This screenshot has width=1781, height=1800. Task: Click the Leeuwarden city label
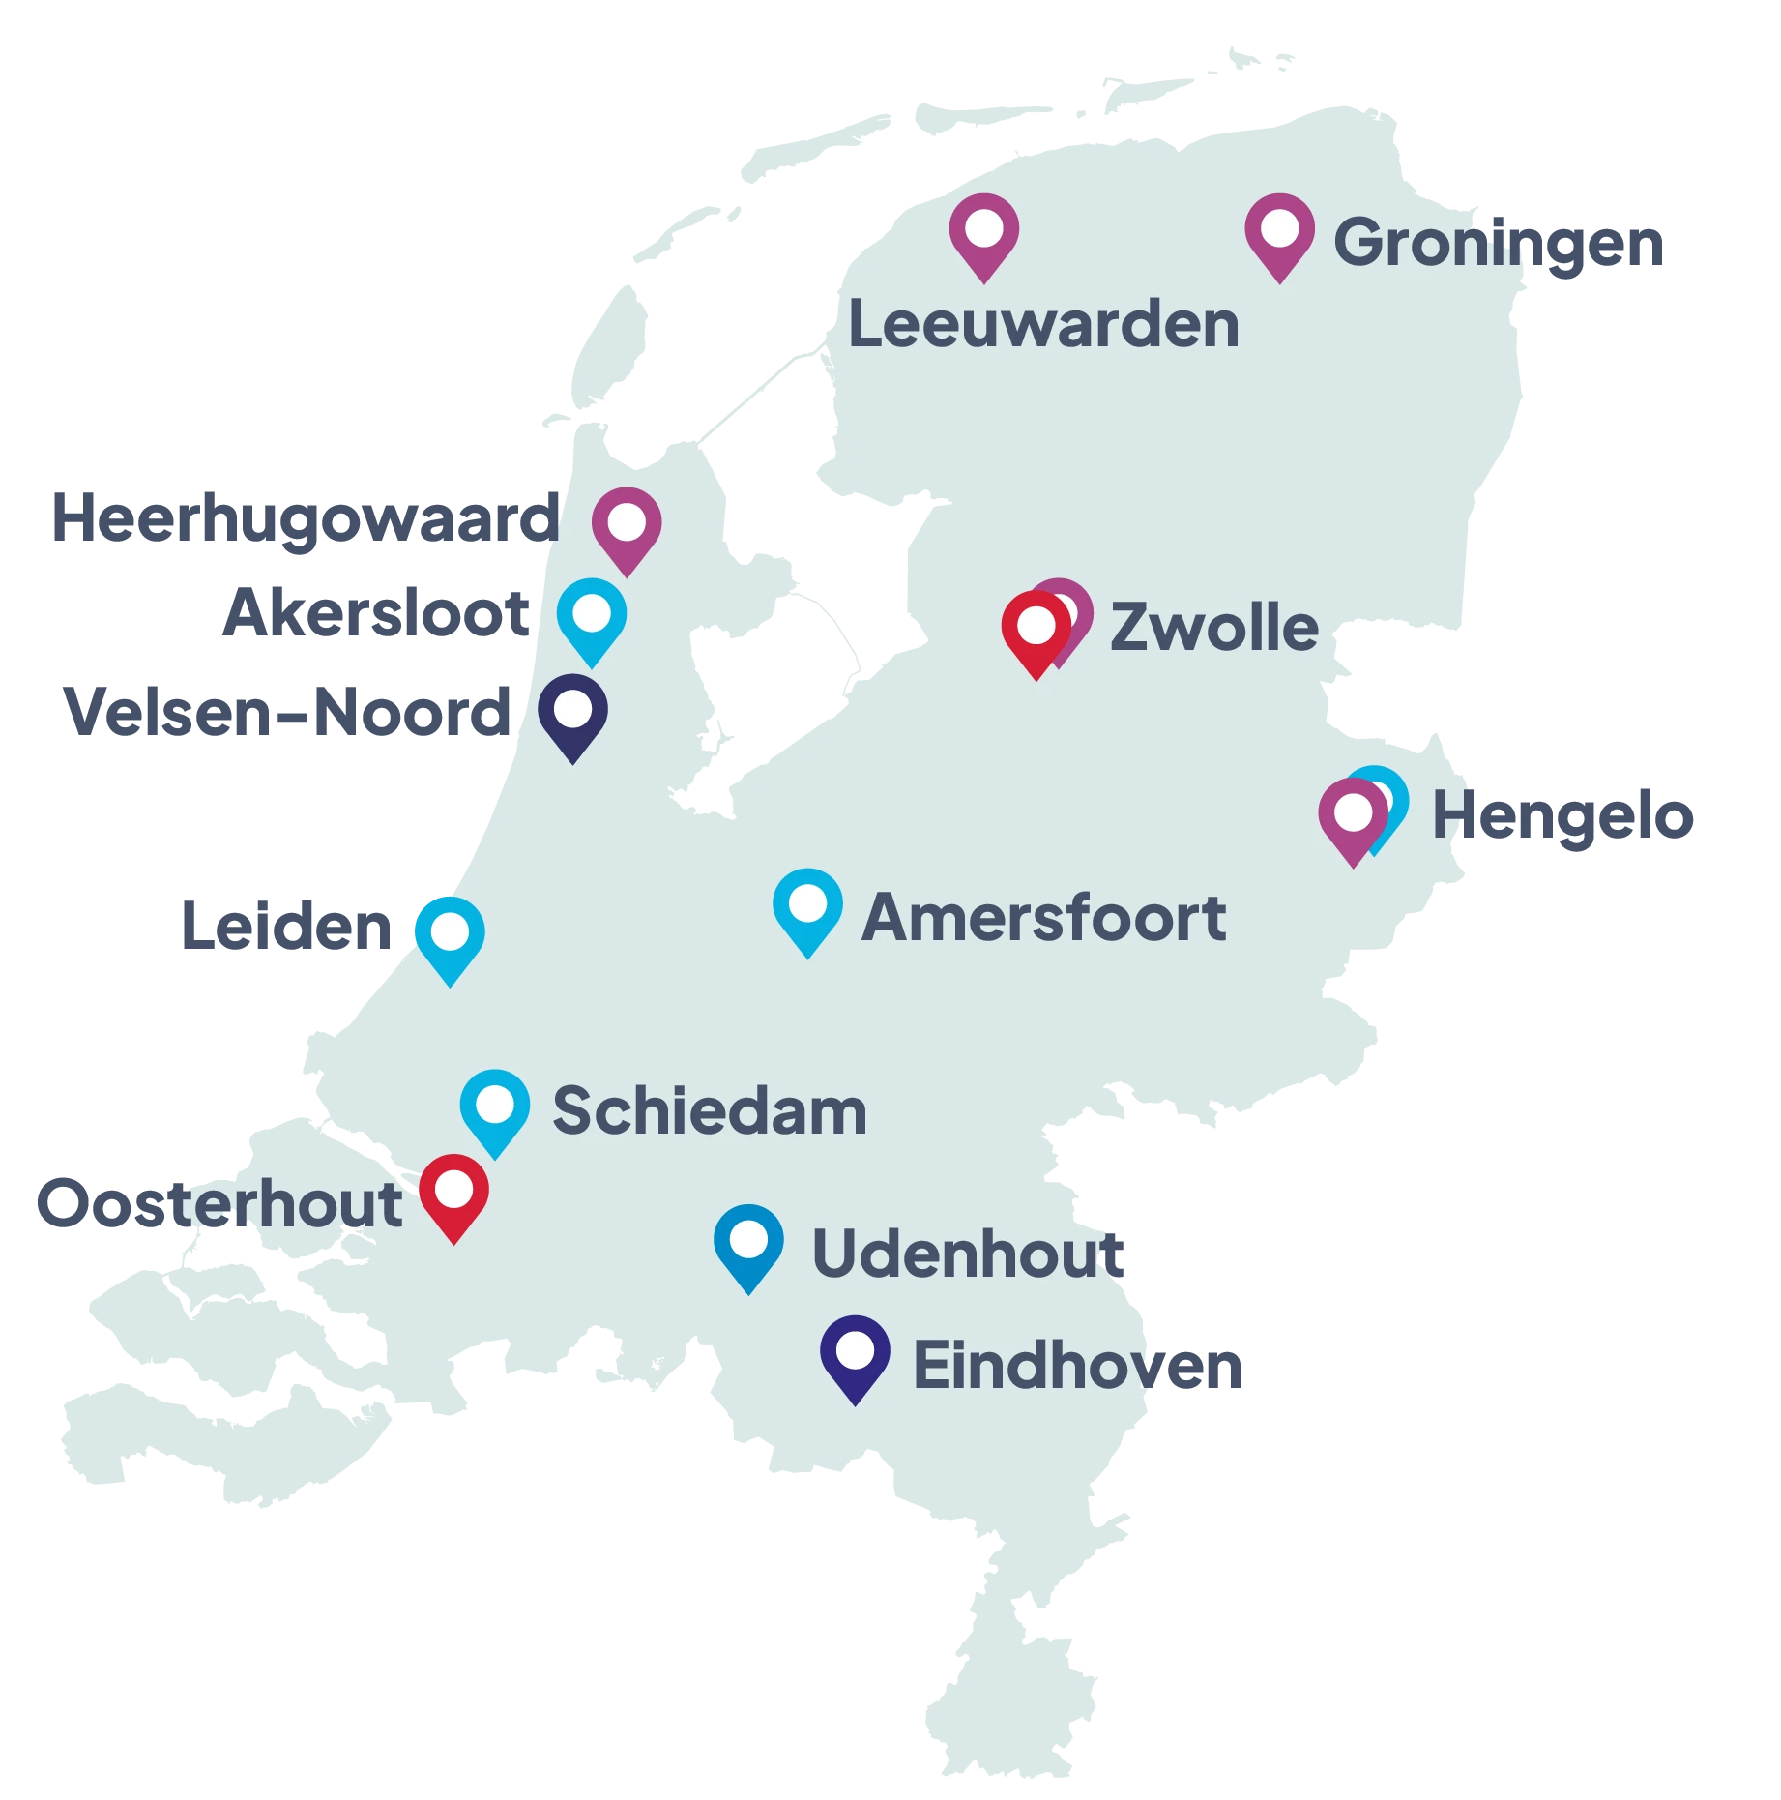(x=1043, y=324)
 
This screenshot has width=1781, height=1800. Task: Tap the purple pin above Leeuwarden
(x=983, y=232)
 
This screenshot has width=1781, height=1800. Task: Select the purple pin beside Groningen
(x=1279, y=232)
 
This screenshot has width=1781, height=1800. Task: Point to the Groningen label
(x=1498, y=243)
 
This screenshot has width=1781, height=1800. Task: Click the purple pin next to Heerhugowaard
(x=627, y=526)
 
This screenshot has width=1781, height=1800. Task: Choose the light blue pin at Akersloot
(x=591, y=617)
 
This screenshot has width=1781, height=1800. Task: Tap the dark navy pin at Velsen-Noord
(x=572, y=713)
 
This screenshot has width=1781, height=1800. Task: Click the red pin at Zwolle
(x=1036, y=630)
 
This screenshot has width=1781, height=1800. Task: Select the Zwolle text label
(x=1213, y=627)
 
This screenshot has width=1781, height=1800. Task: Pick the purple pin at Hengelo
(x=1353, y=816)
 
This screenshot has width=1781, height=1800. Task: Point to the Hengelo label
(x=1562, y=815)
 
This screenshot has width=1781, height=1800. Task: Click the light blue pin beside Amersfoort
(x=807, y=907)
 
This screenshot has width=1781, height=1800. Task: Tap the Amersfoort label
(x=1043, y=917)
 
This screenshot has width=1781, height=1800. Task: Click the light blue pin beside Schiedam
(x=495, y=1108)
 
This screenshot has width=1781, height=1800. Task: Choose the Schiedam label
(x=709, y=1110)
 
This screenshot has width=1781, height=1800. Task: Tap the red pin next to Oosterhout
(x=453, y=1193)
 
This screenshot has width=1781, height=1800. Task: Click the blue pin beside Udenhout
(x=748, y=1243)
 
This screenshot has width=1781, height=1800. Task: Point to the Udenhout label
(x=970, y=1254)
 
